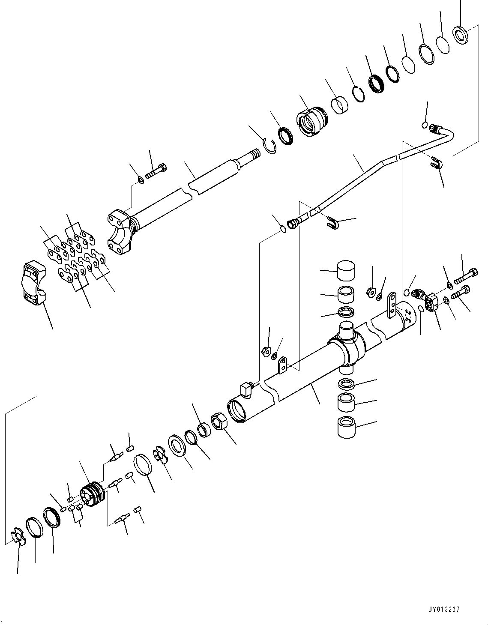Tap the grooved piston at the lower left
92,495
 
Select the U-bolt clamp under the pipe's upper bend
437,163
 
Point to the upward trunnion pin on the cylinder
346,332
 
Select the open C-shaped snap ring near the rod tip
269,146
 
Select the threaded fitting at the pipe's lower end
294,224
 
